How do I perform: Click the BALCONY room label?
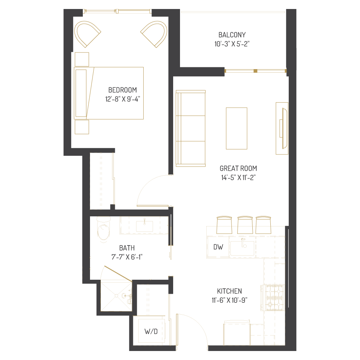tap(232, 35)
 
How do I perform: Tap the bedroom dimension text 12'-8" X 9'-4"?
tap(122, 99)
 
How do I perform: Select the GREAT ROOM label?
tap(238, 168)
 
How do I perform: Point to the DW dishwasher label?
tap(218, 247)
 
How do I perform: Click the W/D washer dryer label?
tap(151, 332)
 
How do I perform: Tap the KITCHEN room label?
tap(229, 291)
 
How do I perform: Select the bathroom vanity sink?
tap(144, 226)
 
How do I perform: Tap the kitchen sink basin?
tap(242, 248)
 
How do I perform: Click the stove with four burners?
tap(274, 297)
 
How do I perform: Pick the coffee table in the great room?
tap(237, 128)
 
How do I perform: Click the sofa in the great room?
tap(190, 128)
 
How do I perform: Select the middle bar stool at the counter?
tap(245, 225)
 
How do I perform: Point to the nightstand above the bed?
tap(82, 59)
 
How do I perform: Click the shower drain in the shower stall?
tap(116, 296)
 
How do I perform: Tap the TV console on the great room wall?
tap(282, 128)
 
